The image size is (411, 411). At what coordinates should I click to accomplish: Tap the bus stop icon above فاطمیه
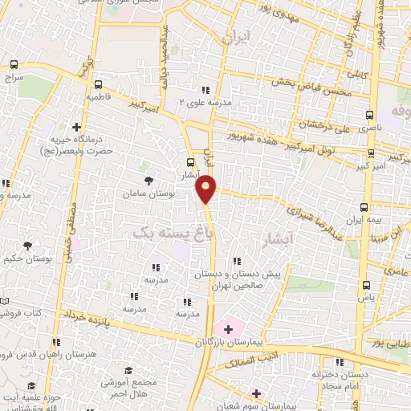click(98, 84)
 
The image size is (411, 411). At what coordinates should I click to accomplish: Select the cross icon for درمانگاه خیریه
click(76, 127)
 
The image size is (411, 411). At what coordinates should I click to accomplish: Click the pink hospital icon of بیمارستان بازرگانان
click(228, 328)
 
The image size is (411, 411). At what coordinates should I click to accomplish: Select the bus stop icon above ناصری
click(370, 115)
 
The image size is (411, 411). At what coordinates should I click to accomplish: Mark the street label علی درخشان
click(327, 124)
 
